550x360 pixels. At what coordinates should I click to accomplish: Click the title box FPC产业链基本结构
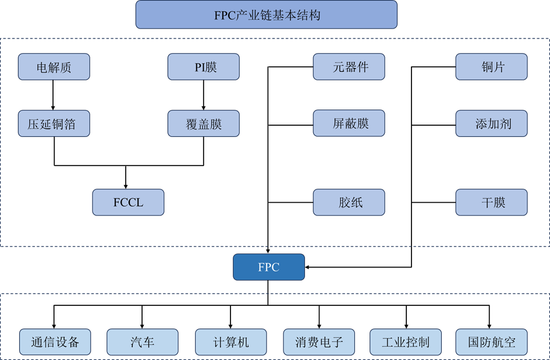pos(266,15)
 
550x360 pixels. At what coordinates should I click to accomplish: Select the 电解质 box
pos(54,67)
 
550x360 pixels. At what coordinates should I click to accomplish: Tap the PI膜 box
pos(204,67)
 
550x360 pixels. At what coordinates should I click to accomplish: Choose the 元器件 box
pos(349,67)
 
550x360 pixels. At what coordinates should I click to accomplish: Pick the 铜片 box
pos(492,67)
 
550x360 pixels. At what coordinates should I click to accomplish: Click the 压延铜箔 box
pos(54,123)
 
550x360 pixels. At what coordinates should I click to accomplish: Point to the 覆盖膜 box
pos(204,123)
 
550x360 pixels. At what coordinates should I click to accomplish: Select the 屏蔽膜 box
pos(349,123)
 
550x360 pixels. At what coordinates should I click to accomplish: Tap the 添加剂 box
pos(492,123)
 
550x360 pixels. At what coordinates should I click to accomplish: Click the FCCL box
pos(129,203)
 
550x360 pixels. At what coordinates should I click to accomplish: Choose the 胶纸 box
pos(349,203)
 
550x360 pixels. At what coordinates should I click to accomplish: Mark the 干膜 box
pos(492,203)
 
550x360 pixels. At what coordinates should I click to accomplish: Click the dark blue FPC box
pos(269,267)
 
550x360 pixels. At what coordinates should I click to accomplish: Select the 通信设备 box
pos(56,342)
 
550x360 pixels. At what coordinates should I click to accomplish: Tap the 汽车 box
pos(143,342)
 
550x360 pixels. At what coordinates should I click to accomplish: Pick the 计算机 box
pos(231,342)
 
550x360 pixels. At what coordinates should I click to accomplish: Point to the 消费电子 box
pos(319,342)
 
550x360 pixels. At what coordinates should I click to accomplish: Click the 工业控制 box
pos(406,342)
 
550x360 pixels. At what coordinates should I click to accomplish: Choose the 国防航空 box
pos(492,342)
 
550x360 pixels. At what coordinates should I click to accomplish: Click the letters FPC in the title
pos(225,15)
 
